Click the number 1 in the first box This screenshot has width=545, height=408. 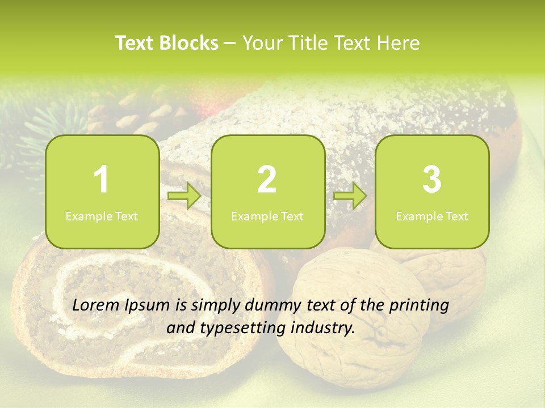coord(102,180)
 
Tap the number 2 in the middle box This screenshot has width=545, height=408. coord(267,180)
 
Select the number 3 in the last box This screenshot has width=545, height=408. coord(431,180)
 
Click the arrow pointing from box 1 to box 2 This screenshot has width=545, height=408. coord(185,197)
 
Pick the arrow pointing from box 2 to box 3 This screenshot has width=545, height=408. coord(350,197)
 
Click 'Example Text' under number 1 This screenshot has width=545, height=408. coord(102,216)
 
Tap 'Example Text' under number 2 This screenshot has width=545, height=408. coord(267,216)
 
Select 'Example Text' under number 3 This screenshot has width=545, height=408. coord(432,216)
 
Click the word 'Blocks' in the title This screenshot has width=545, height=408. coord(188,43)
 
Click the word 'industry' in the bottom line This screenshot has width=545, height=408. coord(322,328)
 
